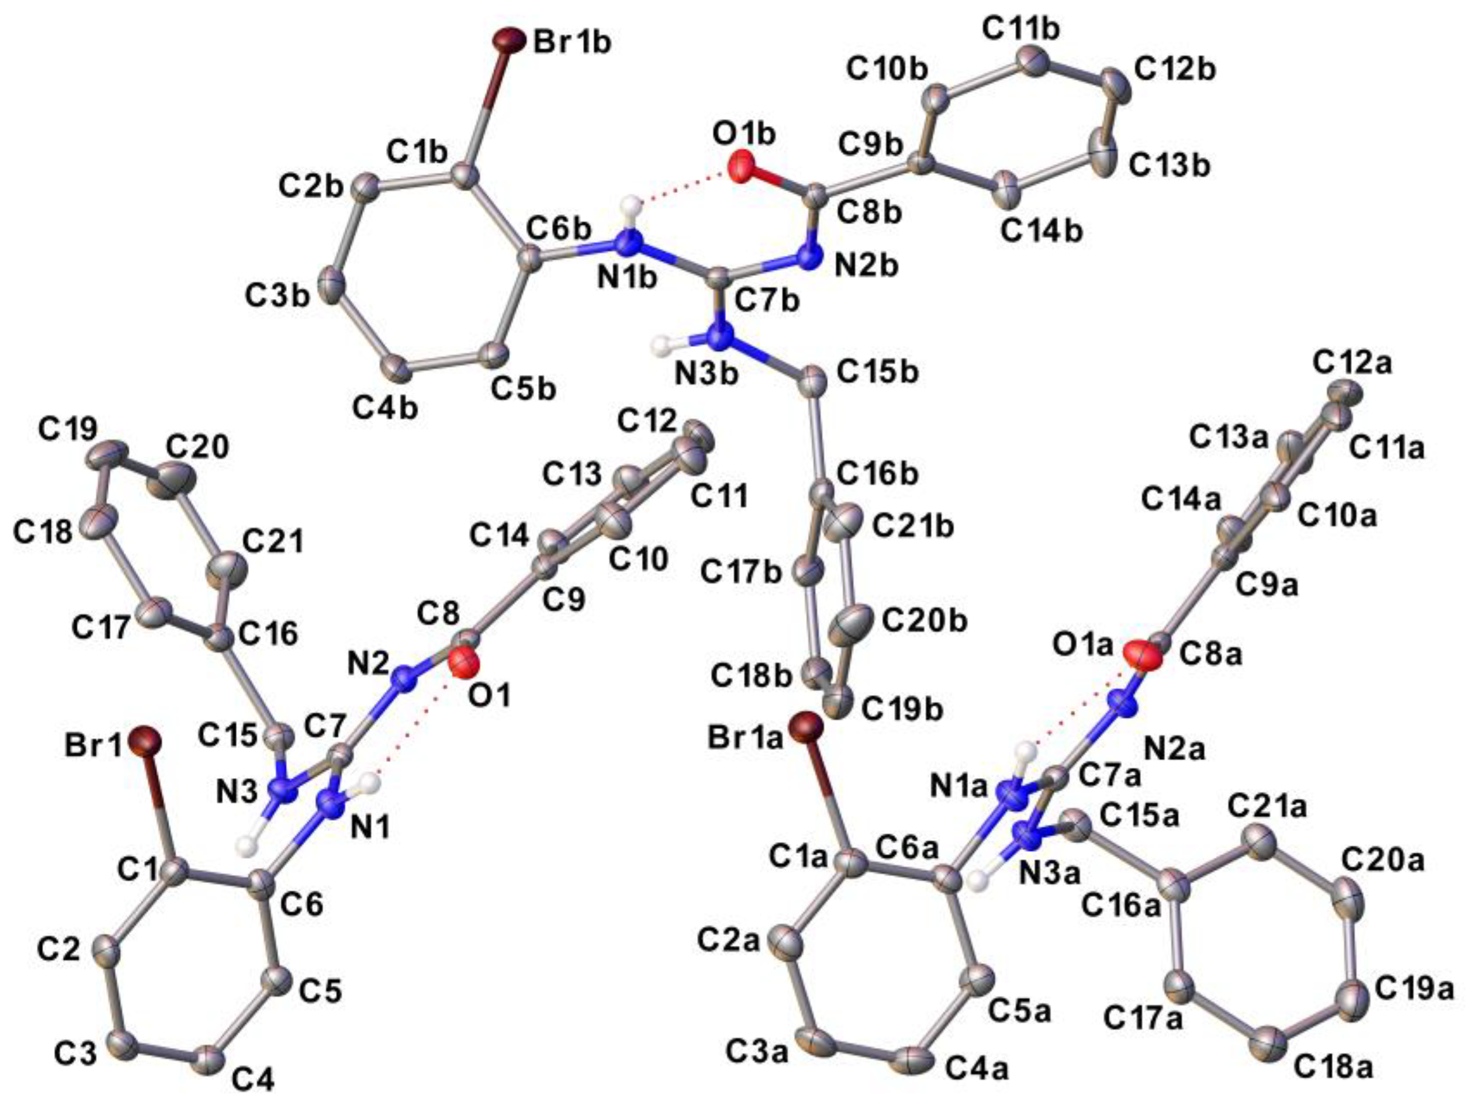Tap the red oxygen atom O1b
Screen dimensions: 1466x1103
tap(740, 166)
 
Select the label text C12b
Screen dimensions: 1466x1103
tap(1175, 69)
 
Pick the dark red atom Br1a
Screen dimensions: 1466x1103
tap(806, 726)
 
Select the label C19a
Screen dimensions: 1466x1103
tap(1414, 990)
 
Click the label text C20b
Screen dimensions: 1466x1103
tap(924, 621)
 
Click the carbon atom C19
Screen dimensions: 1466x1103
tap(106, 454)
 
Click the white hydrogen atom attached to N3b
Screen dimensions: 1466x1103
tap(662, 344)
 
